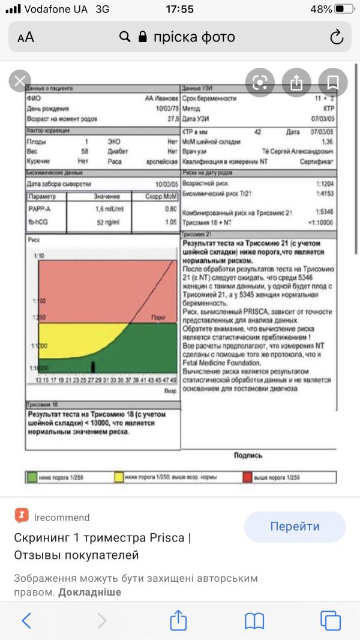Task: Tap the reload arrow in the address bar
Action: click(337, 37)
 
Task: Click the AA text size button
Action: click(26, 37)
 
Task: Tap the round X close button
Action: click(20, 82)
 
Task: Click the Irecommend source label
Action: click(62, 518)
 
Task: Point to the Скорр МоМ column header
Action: click(161, 196)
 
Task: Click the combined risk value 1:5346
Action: click(325, 212)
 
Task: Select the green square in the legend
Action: click(32, 477)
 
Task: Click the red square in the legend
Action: click(247, 477)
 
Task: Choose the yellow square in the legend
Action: click(119, 477)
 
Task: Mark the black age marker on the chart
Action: click(93, 366)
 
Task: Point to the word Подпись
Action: click(248, 456)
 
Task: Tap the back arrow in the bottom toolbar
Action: click(26, 620)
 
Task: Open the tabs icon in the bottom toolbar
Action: click(329, 620)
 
